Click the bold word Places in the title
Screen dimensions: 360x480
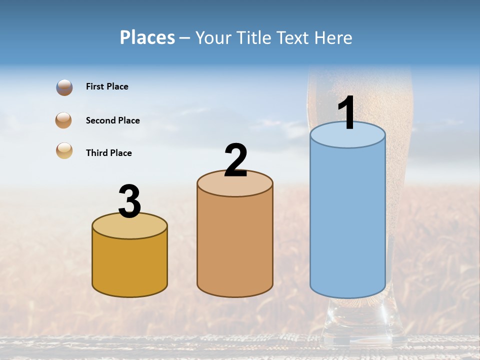tap(147, 37)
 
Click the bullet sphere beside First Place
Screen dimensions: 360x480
tap(64, 87)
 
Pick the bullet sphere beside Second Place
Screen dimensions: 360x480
tap(64, 120)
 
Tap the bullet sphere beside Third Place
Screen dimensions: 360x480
tap(64, 150)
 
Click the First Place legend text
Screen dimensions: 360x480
tap(107, 86)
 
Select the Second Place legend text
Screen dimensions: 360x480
tap(113, 120)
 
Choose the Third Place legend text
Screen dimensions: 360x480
tap(109, 153)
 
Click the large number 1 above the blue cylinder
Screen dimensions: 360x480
tap(347, 113)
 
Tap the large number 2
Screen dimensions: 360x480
tap(236, 160)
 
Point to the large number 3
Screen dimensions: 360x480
tap(129, 201)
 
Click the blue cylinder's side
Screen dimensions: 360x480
tap(347, 220)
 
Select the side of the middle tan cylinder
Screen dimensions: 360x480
tap(235, 245)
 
